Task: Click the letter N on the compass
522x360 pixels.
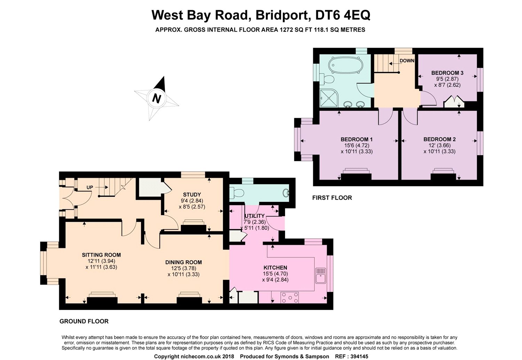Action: point(157,98)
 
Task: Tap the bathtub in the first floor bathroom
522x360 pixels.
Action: point(346,64)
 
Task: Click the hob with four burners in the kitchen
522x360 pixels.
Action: point(290,298)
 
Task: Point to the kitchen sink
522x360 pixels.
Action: point(321,276)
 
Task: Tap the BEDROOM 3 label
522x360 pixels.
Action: point(447,73)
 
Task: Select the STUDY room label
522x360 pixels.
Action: point(192,195)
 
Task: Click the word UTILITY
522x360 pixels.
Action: point(254,216)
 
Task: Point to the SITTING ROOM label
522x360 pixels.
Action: point(101,255)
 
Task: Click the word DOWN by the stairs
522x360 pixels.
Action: point(407,61)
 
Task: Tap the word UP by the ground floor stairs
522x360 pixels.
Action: point(90,187)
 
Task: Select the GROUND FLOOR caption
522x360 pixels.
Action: point(84,321)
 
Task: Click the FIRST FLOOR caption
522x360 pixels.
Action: point(332,198)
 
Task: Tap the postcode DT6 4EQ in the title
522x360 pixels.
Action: point(342,15)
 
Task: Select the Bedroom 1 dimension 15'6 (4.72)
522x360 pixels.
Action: point(357,146)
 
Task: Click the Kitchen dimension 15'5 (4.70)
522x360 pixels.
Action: point(276,274)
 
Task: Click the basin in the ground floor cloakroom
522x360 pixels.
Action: point(286,193)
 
